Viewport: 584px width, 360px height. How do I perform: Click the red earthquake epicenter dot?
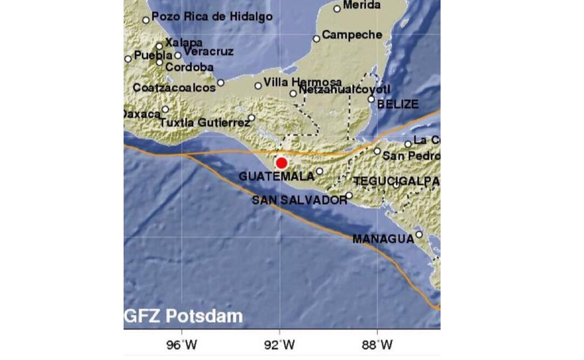281,163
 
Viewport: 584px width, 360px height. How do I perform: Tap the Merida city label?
361,5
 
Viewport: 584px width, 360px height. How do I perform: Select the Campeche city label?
352,35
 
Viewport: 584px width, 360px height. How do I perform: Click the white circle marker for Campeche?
317,38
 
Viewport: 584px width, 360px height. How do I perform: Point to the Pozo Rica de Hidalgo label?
212,17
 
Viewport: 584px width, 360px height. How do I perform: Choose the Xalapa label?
184,42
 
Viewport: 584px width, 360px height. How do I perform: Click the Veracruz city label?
209,52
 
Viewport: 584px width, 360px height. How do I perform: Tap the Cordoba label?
189,68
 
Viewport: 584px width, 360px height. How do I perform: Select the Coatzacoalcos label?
174,88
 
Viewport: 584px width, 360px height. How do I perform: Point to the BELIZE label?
398,104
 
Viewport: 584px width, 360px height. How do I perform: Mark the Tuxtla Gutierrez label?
205,123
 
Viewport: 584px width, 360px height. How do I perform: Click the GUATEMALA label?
276,177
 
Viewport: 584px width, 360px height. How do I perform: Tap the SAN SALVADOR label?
299,201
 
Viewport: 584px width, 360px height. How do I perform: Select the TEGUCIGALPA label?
396,182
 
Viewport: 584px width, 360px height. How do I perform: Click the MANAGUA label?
383,239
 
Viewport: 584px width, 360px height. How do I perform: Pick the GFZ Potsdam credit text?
184,316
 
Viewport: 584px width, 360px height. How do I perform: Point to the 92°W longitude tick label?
279,344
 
